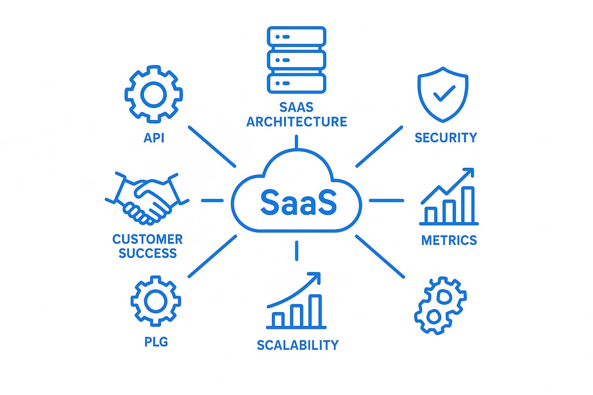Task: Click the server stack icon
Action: pos(296,59)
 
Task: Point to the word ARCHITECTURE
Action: pos(296,121)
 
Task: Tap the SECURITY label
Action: pos(446,137)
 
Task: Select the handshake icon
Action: pos(147,197)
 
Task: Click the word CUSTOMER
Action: pos(147,240)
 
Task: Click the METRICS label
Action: pos(449,240)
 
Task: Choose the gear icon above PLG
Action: pos(156,300)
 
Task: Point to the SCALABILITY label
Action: pos(297,345)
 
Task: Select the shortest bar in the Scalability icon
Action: pos(279,319)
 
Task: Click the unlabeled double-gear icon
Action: pos(440,305)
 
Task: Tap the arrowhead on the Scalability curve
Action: pos(315,277)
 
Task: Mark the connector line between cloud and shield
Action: pos(379,147)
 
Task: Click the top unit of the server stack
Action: pos(296,37)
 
